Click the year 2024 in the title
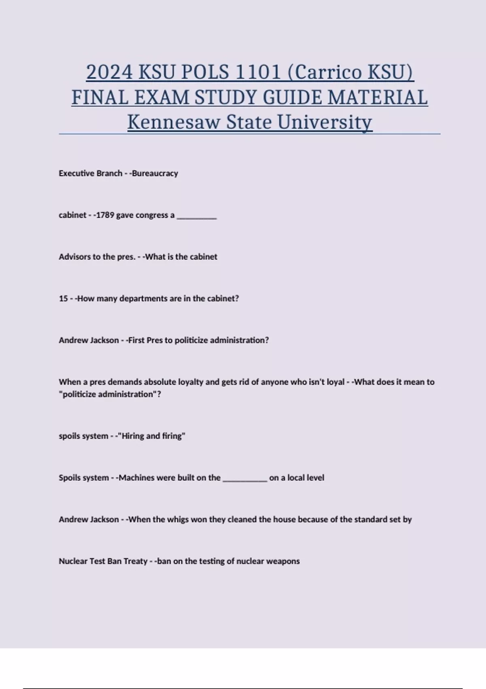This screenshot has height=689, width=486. click(x=109, y=73)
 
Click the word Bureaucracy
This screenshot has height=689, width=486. click(x=155, y=173)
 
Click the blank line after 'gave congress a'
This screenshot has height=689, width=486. click(x=197, y=216)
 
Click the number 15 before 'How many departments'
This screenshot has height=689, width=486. click(x=63, y=299)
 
